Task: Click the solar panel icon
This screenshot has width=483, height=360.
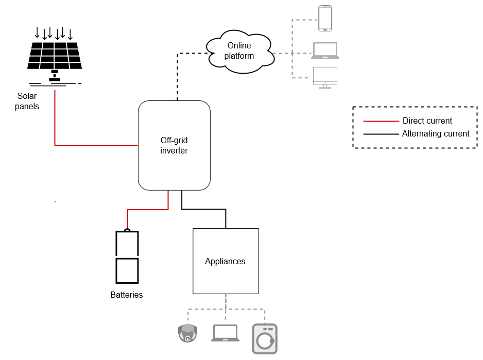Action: (55, 56)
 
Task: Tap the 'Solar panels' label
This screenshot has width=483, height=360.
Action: (27, 101)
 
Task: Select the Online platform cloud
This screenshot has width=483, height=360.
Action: (240, 50)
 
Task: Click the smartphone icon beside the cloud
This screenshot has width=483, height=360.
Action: (325, 18)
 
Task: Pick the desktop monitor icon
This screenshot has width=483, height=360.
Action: (325, 77)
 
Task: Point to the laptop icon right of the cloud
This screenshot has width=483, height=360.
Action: (325, 50)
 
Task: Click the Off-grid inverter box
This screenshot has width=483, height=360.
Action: (174, 145)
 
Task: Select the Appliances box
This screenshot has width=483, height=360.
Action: (226, 261)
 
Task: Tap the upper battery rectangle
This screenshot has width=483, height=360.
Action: (127, 244)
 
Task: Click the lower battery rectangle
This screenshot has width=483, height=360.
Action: (127, 270)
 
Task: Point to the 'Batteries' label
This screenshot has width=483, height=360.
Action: (127, 295)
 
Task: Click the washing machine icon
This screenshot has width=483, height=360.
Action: (265, 338)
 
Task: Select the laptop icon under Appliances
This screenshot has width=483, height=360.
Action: (226, 333)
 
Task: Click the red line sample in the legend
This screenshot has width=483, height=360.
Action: (381, 121)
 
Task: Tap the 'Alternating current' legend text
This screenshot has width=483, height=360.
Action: (436, 134)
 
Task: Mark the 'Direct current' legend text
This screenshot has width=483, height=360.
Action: (427, 121)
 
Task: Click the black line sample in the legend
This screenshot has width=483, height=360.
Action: (381, 134)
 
